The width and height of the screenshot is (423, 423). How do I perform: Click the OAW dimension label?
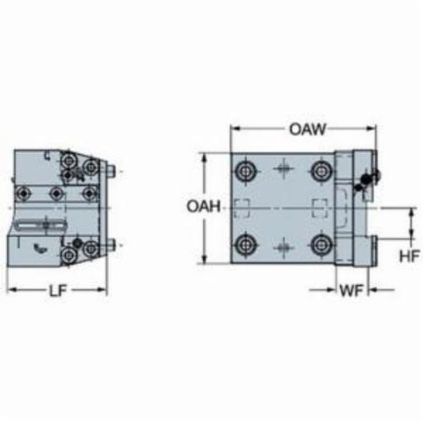coord(307,129)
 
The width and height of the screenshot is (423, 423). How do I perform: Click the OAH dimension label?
coord(204,206)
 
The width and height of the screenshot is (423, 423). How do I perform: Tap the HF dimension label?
coord(409,256)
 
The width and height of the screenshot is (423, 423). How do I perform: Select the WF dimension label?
coord(351,290)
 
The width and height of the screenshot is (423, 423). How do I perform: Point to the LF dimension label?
coord(58,290)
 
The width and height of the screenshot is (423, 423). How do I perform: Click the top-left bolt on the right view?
coord(245,171)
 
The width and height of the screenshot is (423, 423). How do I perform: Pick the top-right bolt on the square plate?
coord(321,171)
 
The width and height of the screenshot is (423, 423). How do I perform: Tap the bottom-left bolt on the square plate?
coord(245,244)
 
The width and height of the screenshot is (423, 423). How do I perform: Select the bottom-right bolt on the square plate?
coord(321,244)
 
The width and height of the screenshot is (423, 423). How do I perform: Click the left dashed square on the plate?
coord(242,209)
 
